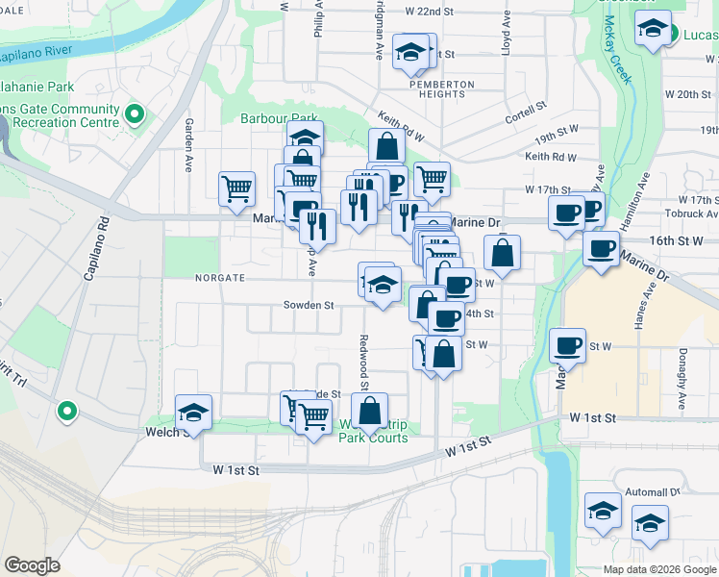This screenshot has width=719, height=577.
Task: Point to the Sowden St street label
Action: (308, 306)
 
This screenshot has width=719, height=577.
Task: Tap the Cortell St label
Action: (527, 106)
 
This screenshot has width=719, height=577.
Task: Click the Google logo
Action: (32, 564)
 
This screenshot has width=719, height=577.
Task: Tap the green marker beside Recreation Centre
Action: (134, 116)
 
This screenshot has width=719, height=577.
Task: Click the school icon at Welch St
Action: (193, 413)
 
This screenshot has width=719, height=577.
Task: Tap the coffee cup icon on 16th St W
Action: (602, 248)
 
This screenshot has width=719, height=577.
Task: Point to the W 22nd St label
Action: (429, 11)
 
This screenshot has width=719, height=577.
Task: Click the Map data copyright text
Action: (660, 569)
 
